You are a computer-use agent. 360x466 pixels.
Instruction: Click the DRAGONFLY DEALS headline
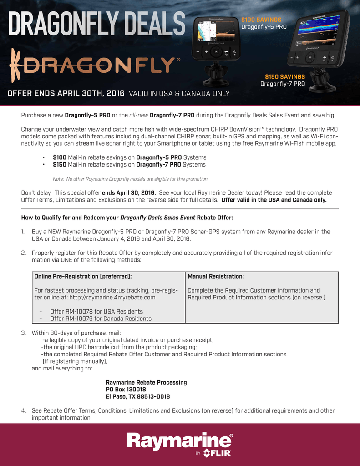point(96,24)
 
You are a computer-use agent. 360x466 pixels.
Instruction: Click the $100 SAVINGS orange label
point(261,20)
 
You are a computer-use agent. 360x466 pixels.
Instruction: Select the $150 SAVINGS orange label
point(285,77)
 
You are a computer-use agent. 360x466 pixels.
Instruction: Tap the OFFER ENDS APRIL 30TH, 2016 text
point(66,93)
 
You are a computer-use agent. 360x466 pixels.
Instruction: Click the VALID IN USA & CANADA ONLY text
point(179,94)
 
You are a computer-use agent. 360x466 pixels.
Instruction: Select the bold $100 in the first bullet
point(60,157)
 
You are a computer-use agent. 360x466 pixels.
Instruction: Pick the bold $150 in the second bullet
point(60,164)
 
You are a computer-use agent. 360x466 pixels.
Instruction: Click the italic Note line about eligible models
point(131,179)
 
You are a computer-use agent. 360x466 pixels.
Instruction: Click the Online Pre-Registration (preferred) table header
point(83,276)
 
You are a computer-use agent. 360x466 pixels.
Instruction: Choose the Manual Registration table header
point(216,276)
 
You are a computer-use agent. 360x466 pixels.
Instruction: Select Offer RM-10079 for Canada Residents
point(101,319)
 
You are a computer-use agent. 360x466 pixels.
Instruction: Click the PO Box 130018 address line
point(126,390)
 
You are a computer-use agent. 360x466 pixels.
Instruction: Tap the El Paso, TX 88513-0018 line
point(138,396)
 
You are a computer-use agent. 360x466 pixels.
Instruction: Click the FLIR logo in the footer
point(218,453)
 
